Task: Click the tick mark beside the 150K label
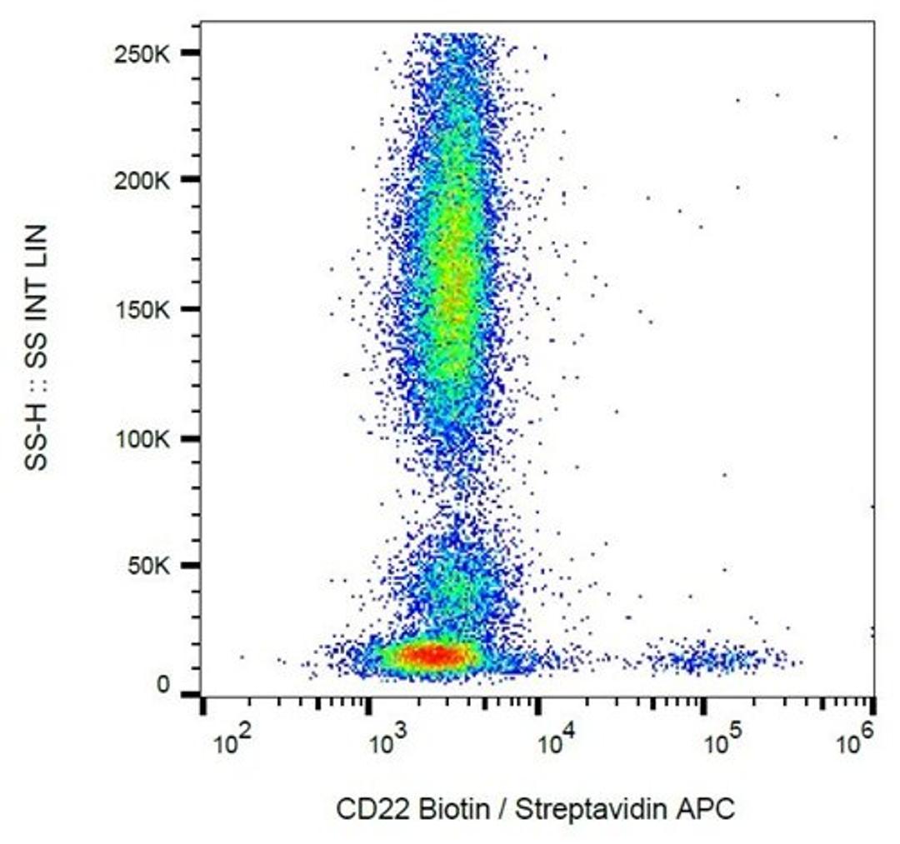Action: pos(191,310)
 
